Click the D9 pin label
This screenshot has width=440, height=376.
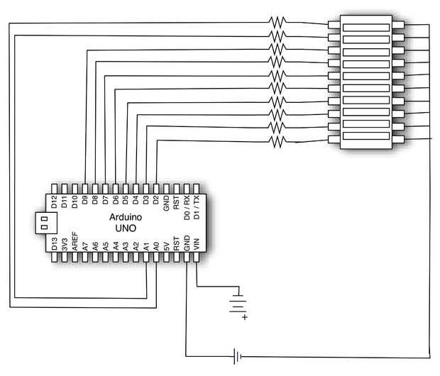84,200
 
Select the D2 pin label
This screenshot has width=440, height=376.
155,200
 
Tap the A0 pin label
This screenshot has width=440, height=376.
156,246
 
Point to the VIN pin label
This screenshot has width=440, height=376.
197,244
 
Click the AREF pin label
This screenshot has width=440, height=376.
75,241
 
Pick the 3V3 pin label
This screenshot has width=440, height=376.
65,244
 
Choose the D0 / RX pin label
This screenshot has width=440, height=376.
187,208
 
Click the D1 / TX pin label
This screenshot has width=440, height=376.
197,207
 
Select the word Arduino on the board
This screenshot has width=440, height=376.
126,217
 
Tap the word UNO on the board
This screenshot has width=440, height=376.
126,228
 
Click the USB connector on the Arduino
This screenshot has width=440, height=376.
46,223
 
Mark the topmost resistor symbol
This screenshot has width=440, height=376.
277,22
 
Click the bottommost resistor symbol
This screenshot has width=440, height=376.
277,141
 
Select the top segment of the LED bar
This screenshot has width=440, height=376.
366,28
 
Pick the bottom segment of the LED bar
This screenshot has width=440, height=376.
366,136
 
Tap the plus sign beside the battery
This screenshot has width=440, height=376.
245,317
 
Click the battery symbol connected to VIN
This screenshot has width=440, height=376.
238,304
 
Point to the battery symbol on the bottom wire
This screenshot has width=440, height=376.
237,356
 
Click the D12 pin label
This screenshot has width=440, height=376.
54,202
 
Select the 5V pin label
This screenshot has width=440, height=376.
166,246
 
